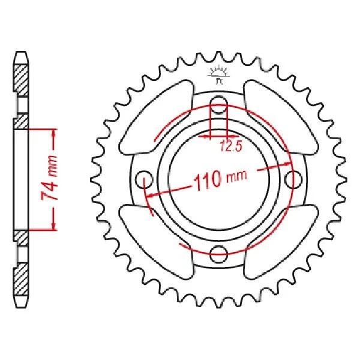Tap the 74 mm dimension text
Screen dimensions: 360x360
coord(53,178)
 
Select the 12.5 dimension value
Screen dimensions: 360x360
coord(228,145)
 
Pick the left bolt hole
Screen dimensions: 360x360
coord(143,178)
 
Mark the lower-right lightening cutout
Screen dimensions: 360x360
coord(281,240)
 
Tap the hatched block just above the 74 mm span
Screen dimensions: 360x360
coord(20,121)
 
